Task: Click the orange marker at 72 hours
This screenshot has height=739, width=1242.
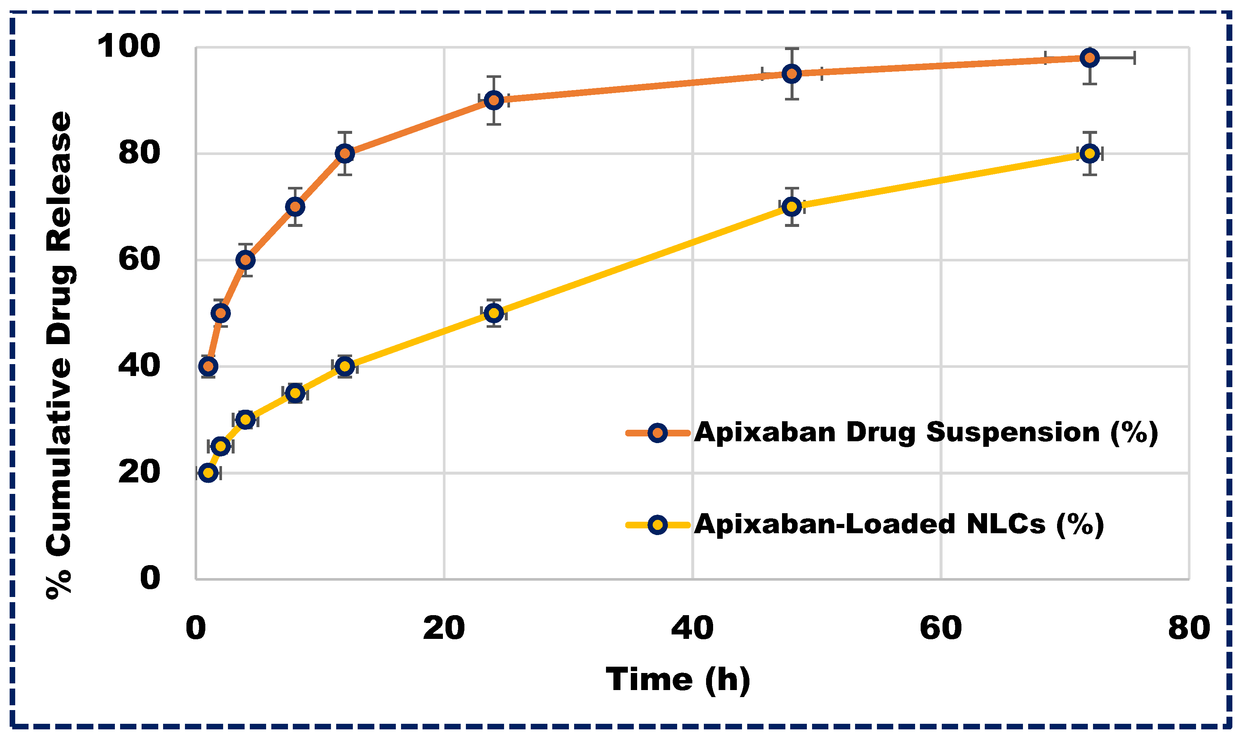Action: (1089, 58)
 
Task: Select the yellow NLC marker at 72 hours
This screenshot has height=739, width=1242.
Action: (1089, 154)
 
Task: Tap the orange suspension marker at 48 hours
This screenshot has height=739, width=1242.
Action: (791, 74)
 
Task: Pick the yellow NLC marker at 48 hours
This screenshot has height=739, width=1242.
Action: (791, 207)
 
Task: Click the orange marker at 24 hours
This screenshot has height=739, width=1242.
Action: (493, 100)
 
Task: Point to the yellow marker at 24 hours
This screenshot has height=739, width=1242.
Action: (493, 313)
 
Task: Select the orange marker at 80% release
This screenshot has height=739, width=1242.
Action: (344, 154)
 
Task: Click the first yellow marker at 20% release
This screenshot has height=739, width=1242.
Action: (208, 472)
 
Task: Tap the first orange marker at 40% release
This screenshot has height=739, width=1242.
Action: (208, 366)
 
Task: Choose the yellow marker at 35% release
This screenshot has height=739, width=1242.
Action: (295, 393)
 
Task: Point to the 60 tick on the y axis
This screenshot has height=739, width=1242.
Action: (139, 260)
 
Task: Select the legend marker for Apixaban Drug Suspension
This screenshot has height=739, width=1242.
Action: (658, 433)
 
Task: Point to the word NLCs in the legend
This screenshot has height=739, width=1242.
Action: (1005, 524)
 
